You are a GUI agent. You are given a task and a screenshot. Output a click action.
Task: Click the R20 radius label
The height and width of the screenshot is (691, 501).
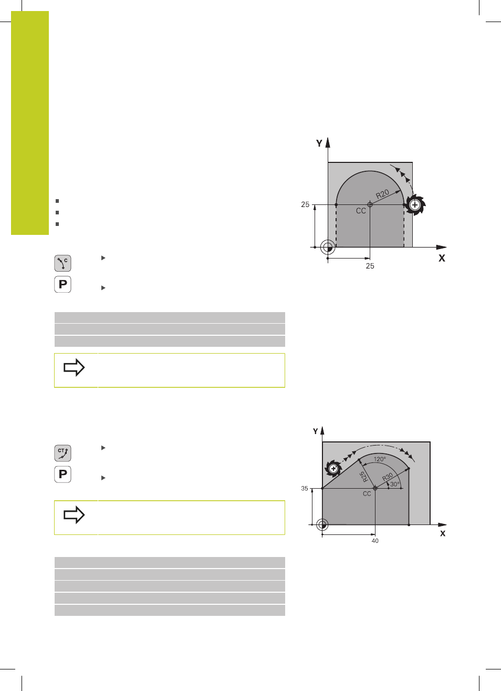(383, 194)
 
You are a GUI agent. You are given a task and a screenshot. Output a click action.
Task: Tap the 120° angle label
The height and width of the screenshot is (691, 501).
(380, 459)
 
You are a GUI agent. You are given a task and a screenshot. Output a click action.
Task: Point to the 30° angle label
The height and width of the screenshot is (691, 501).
(394, 484)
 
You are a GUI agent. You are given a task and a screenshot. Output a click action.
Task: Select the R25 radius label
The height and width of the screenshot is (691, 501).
(364, 477)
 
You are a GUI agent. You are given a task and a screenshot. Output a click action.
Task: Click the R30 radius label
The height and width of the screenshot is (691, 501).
(388, 477)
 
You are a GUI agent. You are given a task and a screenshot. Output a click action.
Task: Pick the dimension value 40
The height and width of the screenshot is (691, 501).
(375, 541)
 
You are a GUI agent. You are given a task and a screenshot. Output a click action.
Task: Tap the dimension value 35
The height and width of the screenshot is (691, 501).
(304, 488)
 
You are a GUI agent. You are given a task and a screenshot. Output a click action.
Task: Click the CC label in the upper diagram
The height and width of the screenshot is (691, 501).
(361, 211)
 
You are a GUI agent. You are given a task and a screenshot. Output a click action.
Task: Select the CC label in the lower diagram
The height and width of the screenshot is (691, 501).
(367, 494)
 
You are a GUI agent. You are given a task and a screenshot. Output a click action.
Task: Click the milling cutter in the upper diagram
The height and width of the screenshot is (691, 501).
(415, 204)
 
